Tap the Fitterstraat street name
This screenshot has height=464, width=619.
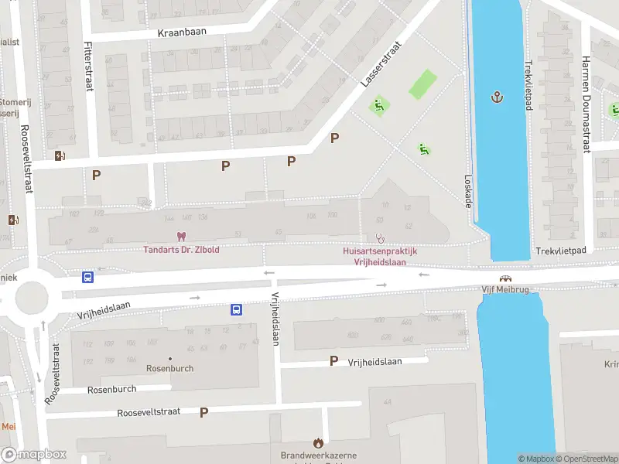[88, 66]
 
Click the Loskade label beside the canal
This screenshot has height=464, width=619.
[467, 189]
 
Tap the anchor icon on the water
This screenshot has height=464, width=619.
[497, 97]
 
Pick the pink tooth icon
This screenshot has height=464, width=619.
[181, 236]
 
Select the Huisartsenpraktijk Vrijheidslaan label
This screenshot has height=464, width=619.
[380, 256]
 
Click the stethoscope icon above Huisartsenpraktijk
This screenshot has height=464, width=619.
[379, 238]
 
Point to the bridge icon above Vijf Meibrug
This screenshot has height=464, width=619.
[505, 278]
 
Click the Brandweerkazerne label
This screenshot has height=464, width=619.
[316, 455]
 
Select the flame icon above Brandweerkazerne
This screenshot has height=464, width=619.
[317, 442]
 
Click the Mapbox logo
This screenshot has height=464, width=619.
[33, 455]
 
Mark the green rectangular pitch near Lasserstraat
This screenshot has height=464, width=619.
[422, 84]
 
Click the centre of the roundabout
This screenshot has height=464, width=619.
[32, 297]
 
